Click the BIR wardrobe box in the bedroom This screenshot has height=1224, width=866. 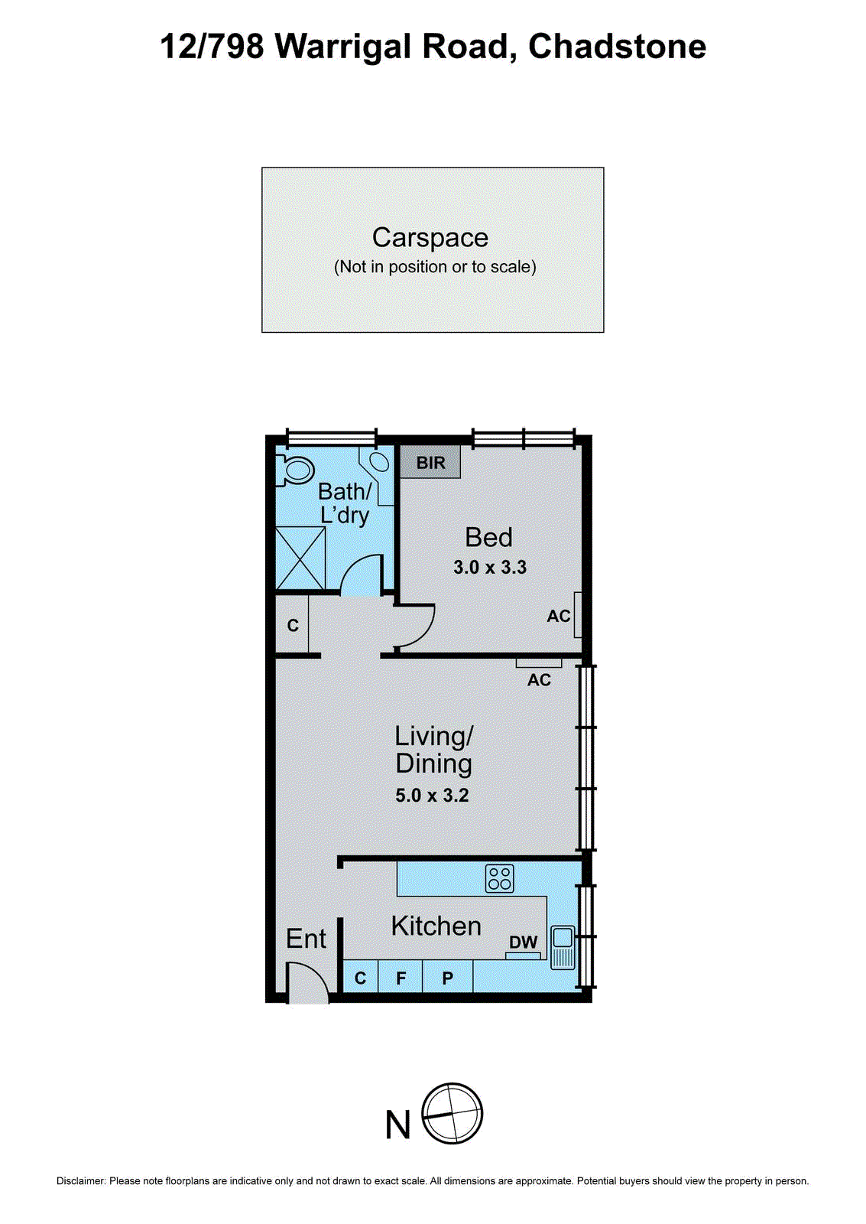[x=430, y=463]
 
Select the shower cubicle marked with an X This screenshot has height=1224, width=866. [x=300, y=558]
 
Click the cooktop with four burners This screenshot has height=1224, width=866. [x=500, y=878]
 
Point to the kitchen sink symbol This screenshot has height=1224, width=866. [x=563, y=948]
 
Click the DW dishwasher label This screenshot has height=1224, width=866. [x=524, y=942]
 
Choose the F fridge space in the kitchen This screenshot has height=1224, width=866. [x=401, y=978]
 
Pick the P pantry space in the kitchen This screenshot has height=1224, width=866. [x=448, y=978]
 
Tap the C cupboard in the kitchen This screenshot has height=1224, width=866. [x=361, y=978]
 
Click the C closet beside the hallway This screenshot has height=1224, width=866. [x=293, y=626]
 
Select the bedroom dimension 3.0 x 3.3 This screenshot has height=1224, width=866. [x=490, y=568]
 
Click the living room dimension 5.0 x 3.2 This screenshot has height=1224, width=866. [x=432, y=796]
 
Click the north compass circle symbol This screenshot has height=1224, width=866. [x=452, y=1113]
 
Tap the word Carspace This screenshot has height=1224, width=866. [x=430, y=238]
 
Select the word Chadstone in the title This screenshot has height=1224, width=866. [x=617, y=47]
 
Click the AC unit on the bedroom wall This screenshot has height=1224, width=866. [x=578, y=615]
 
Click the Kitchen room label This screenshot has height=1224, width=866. [x=436, y=926]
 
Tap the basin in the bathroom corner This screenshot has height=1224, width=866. [x=378, y=462]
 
